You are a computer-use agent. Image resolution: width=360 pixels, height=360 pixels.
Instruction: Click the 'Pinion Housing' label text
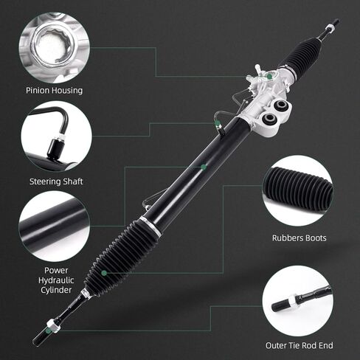coord(54,91)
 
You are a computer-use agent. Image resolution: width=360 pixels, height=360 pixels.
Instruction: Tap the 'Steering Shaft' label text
coord(56,181)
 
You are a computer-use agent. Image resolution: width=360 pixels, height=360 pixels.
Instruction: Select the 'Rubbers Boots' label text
coord(300,238)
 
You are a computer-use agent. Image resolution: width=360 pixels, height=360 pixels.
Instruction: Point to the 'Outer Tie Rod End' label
coord(300,345)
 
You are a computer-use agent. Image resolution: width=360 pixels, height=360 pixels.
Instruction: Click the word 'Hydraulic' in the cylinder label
coord(56,280)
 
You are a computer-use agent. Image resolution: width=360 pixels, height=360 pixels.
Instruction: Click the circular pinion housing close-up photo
coord(55,48)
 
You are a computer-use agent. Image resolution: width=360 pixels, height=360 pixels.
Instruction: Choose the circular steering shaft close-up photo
coord(56,136)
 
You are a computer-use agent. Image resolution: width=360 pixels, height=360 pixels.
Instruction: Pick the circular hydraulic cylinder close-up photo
coord(54,226)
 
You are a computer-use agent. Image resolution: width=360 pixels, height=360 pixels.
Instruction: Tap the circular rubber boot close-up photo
coord(297,190)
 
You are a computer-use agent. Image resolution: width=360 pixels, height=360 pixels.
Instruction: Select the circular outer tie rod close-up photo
coord(298,301)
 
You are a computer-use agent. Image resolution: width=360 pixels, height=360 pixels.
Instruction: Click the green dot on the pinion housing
coord(270,77)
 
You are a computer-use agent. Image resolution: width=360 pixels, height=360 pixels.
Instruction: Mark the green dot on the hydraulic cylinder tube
coord(204,167)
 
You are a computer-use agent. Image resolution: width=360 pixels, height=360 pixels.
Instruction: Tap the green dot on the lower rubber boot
coord(104,273)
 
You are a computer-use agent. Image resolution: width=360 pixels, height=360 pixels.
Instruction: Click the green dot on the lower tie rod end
coord(49,331)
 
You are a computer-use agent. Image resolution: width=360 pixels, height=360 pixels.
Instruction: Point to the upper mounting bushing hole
coord(281,106)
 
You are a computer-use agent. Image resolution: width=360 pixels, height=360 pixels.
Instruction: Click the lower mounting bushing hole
coord(269,119)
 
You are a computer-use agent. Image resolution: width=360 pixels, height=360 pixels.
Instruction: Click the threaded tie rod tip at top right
coord(333,25)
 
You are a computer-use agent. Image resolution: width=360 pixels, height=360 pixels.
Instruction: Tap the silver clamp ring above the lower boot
coord(150,226)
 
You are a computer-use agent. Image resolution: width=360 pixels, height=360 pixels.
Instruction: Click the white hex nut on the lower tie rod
coord(55,326)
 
